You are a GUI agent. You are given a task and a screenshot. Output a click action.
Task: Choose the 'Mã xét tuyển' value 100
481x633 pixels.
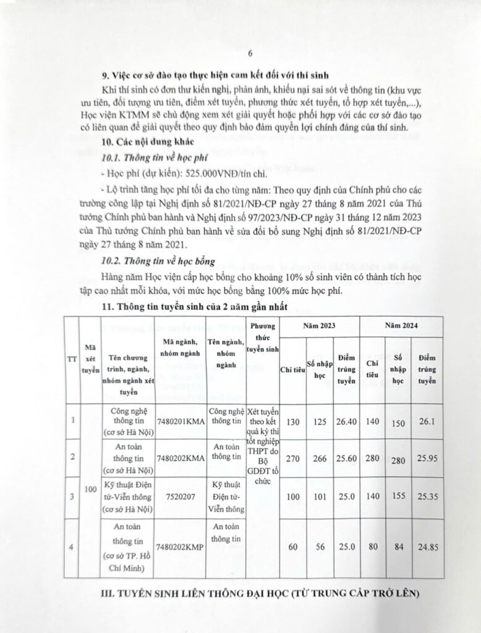[x=90, y=489]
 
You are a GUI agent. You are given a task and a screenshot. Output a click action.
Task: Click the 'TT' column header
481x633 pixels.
[x=72, y=359]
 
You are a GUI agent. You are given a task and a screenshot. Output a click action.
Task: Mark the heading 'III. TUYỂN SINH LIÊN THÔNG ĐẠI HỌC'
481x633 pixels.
[x=260, y=594]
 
